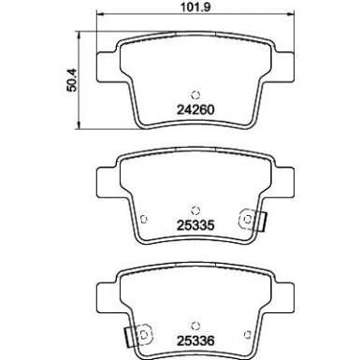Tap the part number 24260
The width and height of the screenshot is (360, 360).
pos(194,108)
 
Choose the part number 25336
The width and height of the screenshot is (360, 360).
pos(194,339)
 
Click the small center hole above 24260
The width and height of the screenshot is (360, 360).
pos(194,93)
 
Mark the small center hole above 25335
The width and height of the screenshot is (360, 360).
pos(194,209)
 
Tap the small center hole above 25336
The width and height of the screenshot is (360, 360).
pos(194,324)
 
